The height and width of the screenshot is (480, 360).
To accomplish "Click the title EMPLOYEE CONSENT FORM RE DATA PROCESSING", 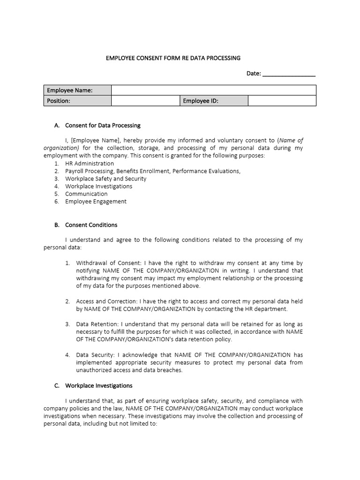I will [x=173, y=58].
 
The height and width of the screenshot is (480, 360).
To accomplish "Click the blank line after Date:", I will [x=289, y=74].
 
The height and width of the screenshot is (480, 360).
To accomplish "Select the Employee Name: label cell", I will [x=77, y=90].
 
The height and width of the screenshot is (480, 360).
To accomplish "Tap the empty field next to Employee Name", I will [x=213, y=90].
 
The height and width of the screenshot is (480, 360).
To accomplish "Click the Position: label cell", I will [x=77, y=101].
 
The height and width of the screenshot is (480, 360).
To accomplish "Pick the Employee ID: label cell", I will [x=214, y=101].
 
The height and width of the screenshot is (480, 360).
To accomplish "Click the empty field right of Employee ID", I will [x=282, y=101].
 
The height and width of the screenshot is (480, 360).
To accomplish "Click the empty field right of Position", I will [x=145, y=101].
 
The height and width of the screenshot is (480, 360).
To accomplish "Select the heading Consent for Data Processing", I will [x=103, y=126].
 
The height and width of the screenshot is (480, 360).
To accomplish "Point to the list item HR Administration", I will [x=90, y=164].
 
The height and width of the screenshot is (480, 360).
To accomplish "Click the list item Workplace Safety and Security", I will [x=105, y=179].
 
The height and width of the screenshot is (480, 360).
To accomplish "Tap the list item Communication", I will [x=86, y=194].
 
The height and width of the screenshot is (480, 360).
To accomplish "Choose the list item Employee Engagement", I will [x=96, y=202].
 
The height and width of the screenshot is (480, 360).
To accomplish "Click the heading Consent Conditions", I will [x=91, y=225].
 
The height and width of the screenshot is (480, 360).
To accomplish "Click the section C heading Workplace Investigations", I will [x=98, y=386].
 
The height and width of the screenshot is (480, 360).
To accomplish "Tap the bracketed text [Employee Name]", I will [x=96, y=140].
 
